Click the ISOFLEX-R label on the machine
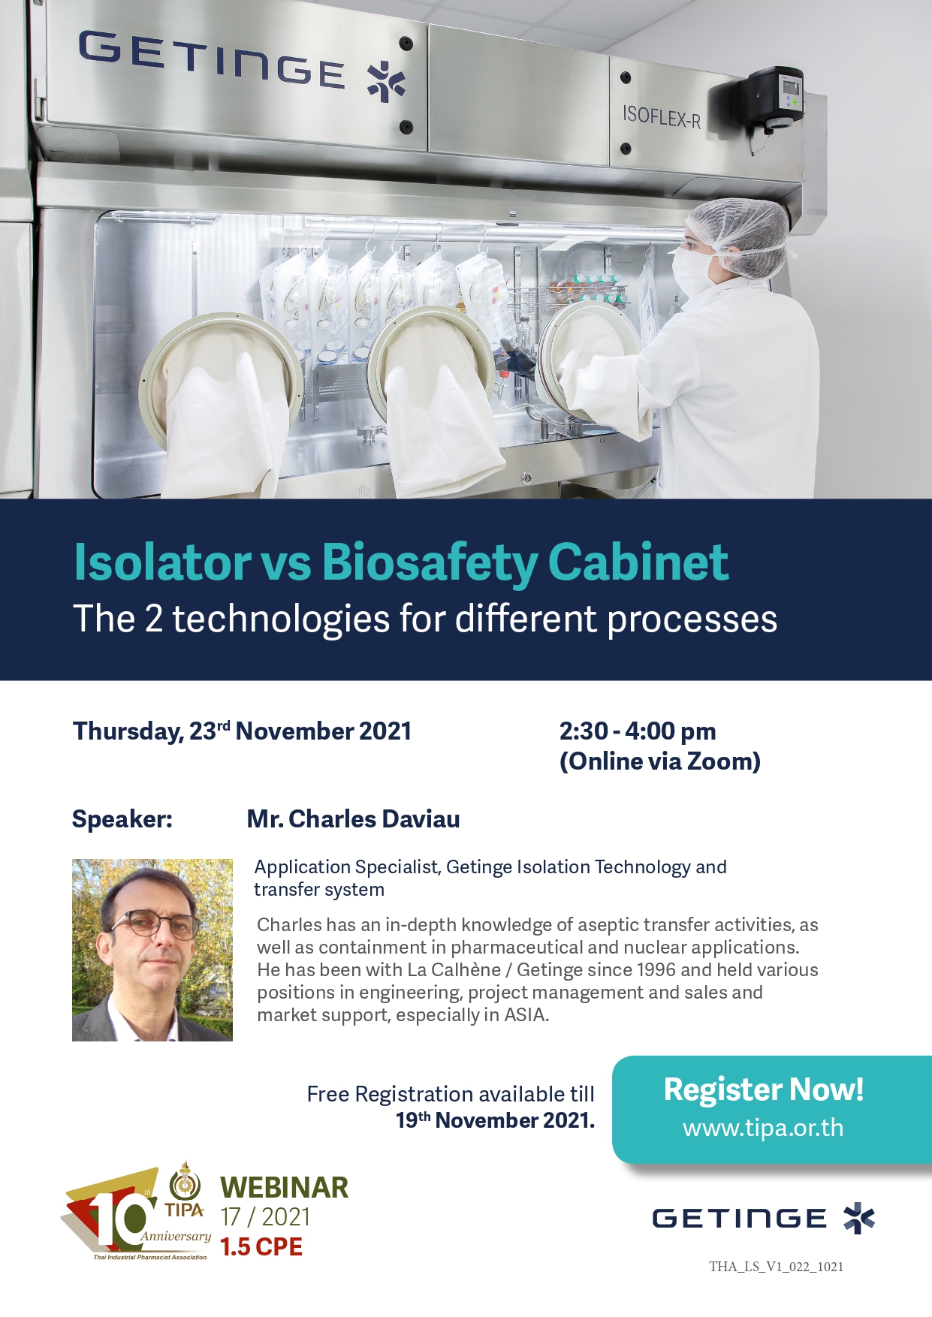(x=661, y=117)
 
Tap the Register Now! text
(x=764, y=1089)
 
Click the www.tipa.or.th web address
(x=763, y=1128)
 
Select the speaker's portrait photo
(x=152, y=950)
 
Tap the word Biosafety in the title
(x=430, y=562)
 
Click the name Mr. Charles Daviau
(x=353, y=818)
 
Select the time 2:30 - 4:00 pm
(x=638, y=731)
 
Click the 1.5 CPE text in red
(x=261, y=1247)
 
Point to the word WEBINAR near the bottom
(x=284, y=1188)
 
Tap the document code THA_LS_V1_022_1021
(x=777, y=1267)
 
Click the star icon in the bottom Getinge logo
(x=859, y=1218)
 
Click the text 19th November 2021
(x=496, y=1120)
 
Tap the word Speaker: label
(x=122, y=819)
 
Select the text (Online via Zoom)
(x=660, y=761)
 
